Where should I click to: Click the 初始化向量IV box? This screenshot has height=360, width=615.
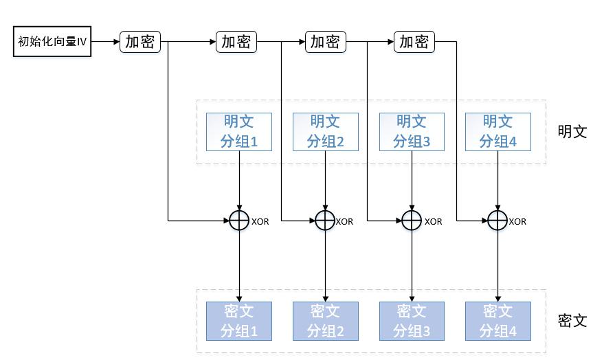point(52,42)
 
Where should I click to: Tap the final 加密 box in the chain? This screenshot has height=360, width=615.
point(414,42)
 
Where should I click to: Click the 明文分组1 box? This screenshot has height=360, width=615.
point(238,132)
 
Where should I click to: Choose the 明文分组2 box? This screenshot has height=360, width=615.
point(325,132)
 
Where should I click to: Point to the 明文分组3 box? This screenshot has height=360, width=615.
point(412,132)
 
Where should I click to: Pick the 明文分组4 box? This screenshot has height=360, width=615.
point(497,132)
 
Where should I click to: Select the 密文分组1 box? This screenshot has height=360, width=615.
point(238,321)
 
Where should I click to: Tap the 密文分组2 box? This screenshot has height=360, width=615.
point(325,321)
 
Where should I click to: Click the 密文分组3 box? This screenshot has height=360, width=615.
point(412,321)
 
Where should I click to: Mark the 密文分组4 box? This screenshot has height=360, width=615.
point(497,321)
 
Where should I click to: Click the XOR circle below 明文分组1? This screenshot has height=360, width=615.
point(238,221)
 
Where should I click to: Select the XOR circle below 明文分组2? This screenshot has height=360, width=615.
point(325,221)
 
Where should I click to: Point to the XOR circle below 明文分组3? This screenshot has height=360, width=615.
point(412,221)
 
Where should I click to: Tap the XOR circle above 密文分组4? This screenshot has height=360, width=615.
point(497,221)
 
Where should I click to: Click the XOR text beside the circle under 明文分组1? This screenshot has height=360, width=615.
point(260,221)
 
